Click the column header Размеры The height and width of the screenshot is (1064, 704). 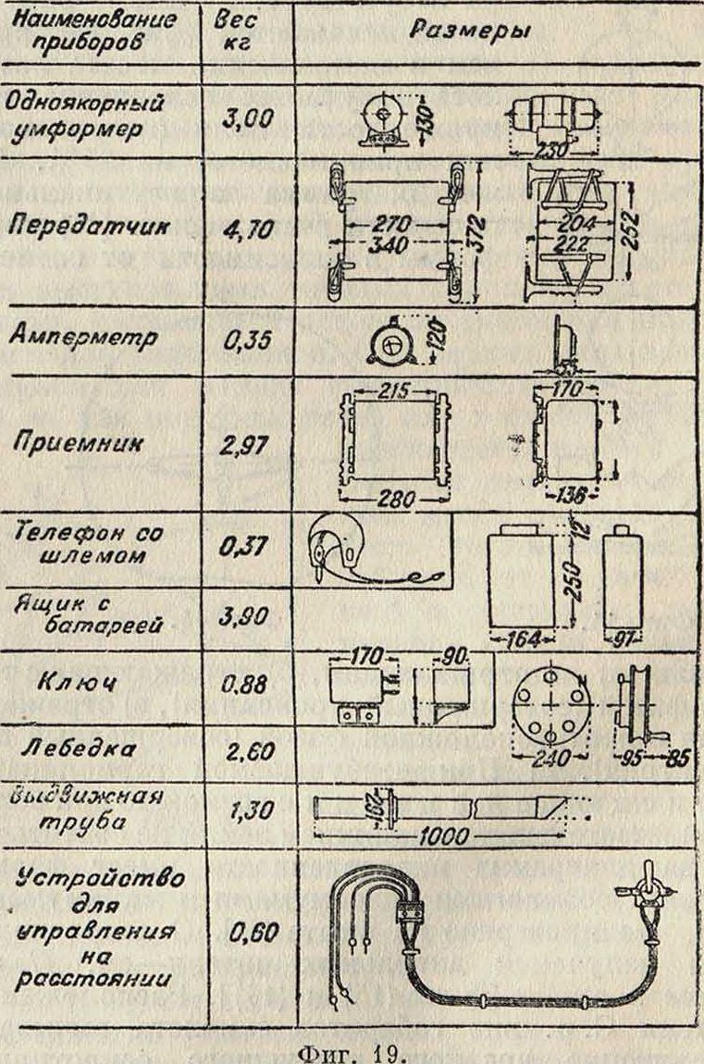click(469, 31)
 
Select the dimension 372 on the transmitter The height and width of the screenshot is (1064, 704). click(476, 231)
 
